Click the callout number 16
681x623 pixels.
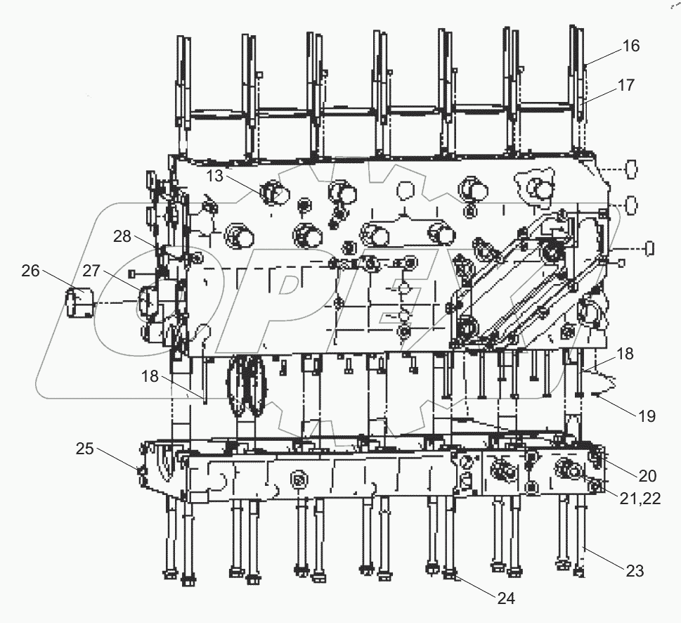630,46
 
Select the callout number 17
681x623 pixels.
625,85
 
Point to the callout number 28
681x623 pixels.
122,236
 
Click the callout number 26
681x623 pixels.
30,270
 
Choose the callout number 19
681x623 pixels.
647,416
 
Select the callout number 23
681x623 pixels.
635,571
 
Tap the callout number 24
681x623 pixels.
505,598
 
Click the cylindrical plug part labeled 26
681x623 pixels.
79,304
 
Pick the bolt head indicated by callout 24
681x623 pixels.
450,578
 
